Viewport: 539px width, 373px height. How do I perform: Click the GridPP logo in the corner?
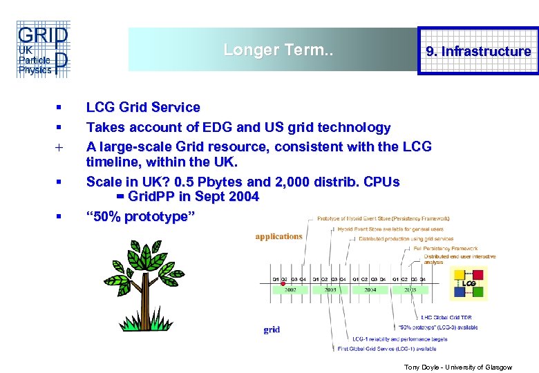tap(42, 49)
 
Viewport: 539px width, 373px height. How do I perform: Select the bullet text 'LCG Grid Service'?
tap(143, 107)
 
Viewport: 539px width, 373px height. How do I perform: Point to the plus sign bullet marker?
tap(59, 147)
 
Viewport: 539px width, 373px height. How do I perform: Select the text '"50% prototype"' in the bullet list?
tap(140, 216)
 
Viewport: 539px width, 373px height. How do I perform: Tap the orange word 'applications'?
tap(278, 236)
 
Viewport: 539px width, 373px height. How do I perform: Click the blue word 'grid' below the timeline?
tap(272, 329)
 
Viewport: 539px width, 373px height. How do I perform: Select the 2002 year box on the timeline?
tap(290, 290)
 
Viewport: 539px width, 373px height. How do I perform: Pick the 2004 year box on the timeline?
tap(370, 290)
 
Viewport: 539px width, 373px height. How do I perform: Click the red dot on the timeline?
tap(283, 283)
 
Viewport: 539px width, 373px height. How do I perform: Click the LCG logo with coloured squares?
tap(468, 283)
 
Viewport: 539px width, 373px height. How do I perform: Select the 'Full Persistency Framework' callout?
tap(446, 248)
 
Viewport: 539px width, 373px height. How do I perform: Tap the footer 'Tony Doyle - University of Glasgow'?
tap(457, 367)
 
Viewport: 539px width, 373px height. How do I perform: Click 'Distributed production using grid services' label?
tap(406, 239)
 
